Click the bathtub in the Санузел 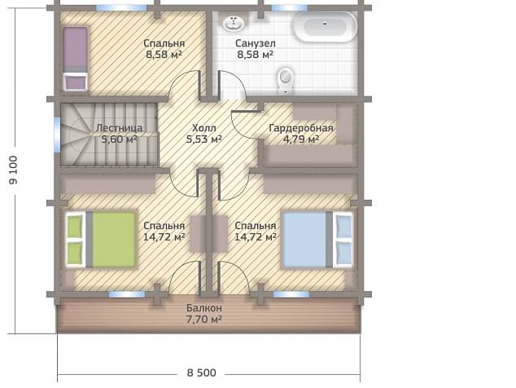pos(325,27)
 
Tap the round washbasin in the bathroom pos(234,23)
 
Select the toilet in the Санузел pos(286,80)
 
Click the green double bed pos(101,240)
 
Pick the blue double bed pos(318,240)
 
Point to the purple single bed pos(76,59)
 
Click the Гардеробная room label pos(301,128)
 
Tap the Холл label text pos(204,128)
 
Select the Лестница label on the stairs pos(119,128)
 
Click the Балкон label pos(204,308)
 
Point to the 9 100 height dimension pos(14,170)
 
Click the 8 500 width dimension pos(201,373)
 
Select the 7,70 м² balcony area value pos(204,319)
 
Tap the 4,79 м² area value pos(301,139)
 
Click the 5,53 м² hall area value pos(204,139)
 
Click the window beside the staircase pos(57,134)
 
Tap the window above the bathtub pos(289,7)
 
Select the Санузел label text pos(256,43)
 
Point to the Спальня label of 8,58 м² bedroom pos(164,43)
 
